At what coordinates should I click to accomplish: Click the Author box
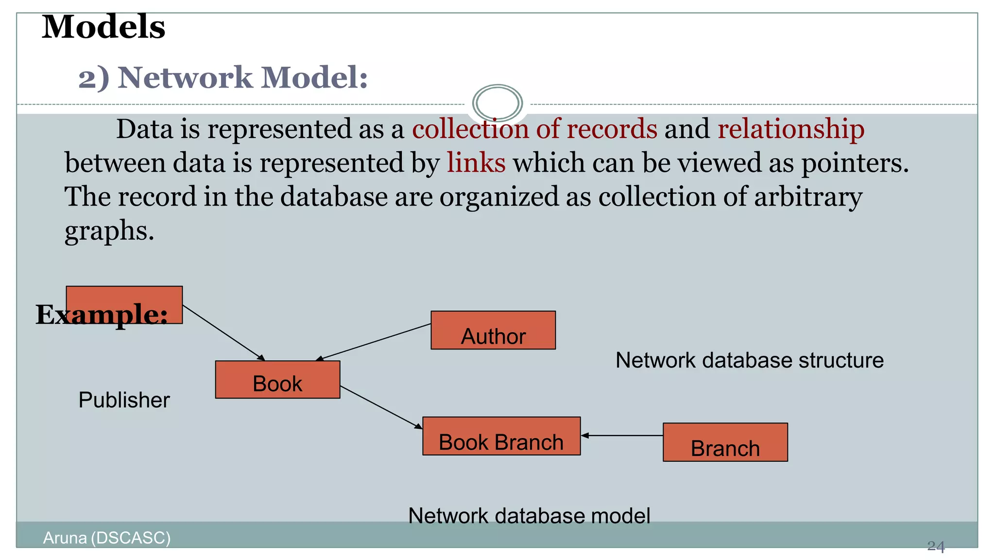493,331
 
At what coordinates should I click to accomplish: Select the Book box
277,380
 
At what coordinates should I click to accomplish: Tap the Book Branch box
501,436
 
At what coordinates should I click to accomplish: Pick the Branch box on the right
725,442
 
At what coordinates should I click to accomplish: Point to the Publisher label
124,400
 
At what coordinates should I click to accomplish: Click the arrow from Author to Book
373,342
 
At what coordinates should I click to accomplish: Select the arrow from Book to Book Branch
381,407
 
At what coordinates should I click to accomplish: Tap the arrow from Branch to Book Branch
622,436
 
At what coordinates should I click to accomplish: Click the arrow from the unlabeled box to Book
223,333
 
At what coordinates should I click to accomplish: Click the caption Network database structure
749,361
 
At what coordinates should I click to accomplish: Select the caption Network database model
529,516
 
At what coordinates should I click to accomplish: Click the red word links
476,162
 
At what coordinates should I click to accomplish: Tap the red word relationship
790,129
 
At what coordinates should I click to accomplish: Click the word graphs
109,231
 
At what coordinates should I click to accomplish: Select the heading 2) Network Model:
223,78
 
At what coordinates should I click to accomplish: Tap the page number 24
935,546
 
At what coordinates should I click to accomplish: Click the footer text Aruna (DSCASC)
106,538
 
